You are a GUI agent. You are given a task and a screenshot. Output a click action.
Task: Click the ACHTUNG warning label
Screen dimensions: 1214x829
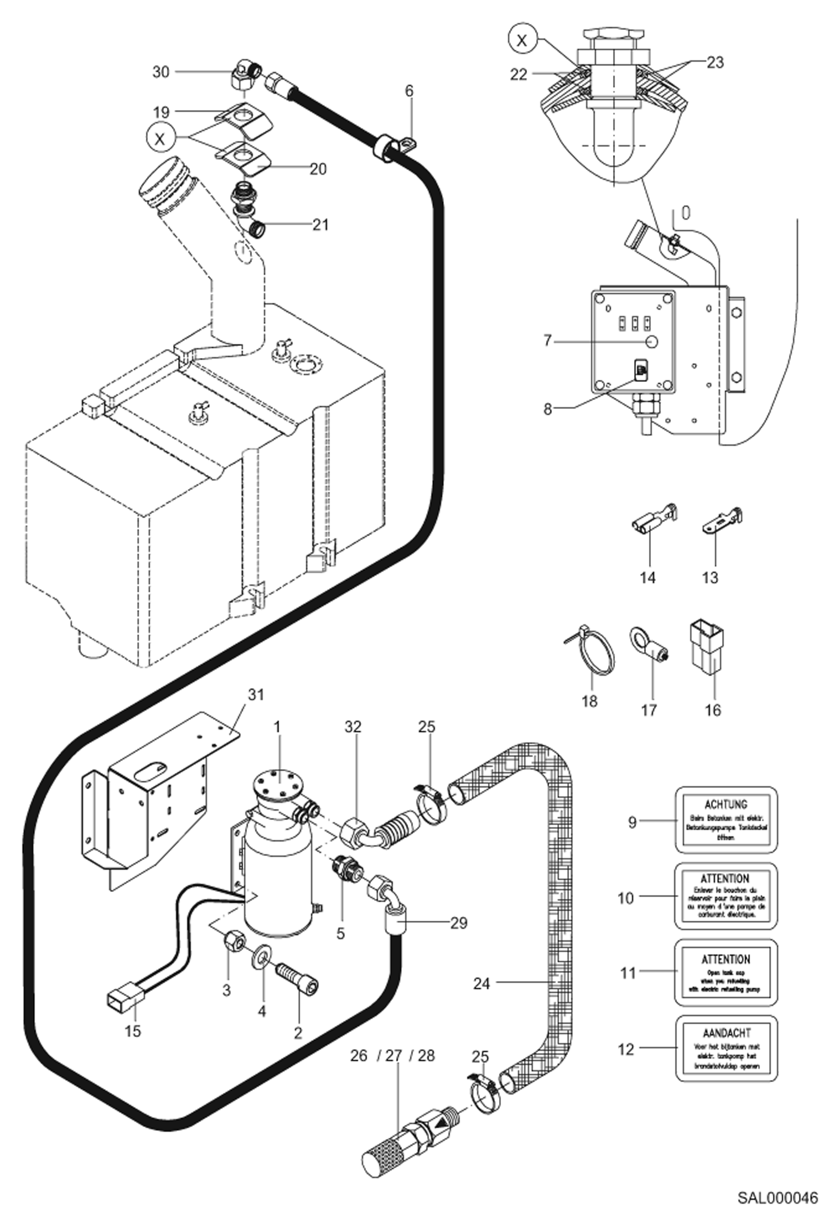[726, 819]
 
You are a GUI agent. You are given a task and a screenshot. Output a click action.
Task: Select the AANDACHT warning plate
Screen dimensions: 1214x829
[726, 1048]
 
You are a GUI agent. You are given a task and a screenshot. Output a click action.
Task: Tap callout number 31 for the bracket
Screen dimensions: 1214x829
[256, 694]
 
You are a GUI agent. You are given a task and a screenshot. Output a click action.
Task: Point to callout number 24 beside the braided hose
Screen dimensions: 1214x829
[481, 983]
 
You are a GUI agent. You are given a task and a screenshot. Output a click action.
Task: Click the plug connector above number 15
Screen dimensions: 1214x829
[125, 998]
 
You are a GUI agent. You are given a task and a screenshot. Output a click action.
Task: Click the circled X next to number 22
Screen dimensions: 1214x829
[521, 40]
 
